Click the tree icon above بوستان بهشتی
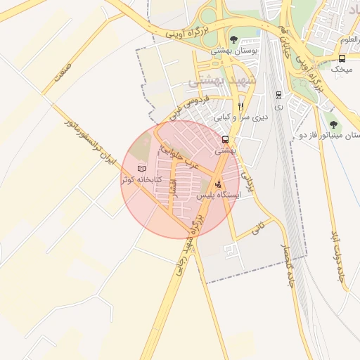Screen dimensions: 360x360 coord(233,39)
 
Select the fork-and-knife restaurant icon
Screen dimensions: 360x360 coord(240,105)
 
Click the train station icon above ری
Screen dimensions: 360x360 coord(278,94)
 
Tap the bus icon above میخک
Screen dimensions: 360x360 coord(342,59)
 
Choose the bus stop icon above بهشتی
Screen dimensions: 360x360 coord(225,139)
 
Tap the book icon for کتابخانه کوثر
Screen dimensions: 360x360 coord(142,169)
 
